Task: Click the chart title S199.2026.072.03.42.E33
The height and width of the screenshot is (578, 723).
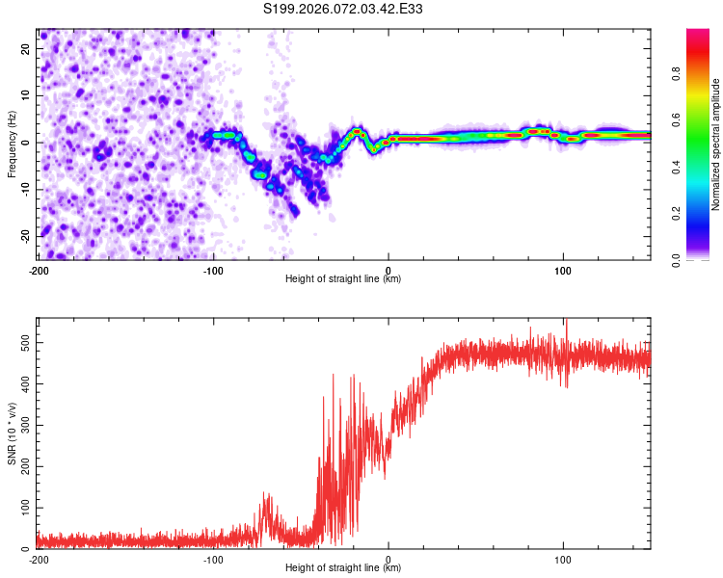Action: pos(344,10)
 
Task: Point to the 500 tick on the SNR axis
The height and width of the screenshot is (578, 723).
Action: pos(24,342)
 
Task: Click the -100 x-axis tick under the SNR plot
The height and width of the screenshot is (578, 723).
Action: pos(213,560)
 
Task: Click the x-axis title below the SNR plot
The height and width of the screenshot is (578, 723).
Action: pos(343,569)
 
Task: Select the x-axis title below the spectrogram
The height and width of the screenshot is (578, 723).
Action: pos(343,279)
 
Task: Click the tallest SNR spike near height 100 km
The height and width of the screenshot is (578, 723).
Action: pos(567,322)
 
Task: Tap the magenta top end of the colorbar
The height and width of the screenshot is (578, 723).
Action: pos(698,33)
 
